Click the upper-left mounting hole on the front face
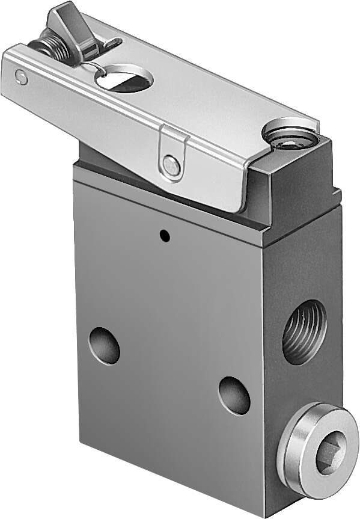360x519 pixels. pyautogui.click(x=105, y=345)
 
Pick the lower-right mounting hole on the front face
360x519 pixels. pyautogui.click(x=234, y=395)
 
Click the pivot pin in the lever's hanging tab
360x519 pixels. pyautogui.click(x=172, y=165)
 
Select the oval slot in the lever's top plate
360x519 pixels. pyautogui.click(x=124, y=78)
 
